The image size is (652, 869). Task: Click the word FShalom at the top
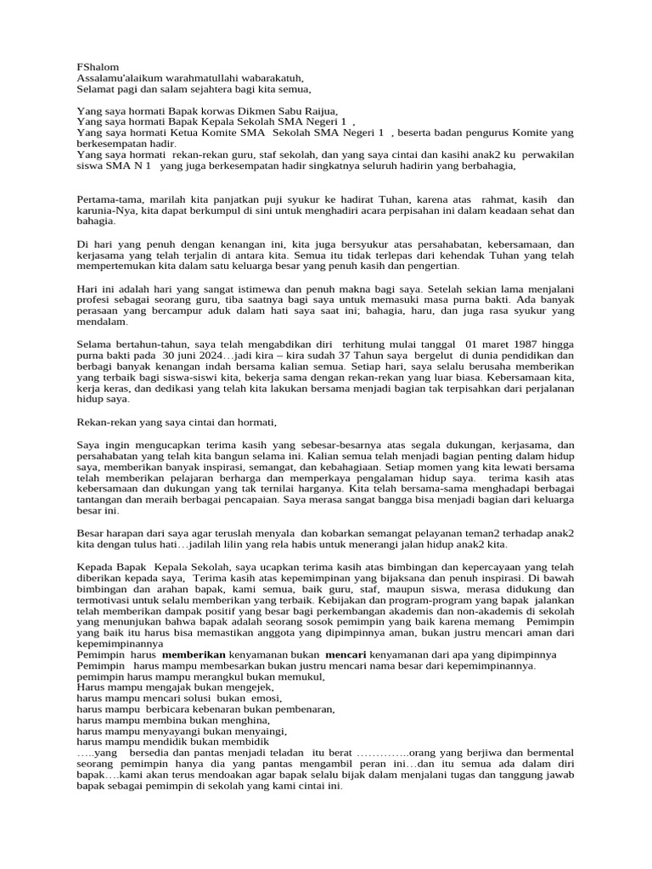point(98,67)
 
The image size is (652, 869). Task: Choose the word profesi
point(95,300)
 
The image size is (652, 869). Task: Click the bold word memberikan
point(194,654)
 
